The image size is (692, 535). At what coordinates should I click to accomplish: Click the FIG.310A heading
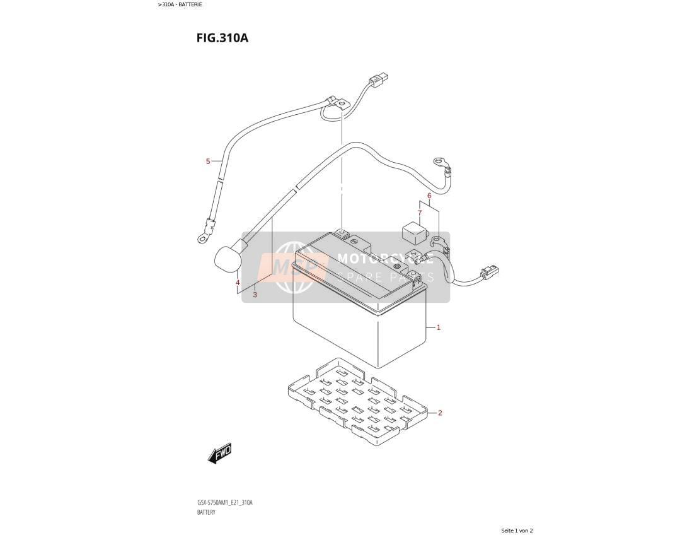222,38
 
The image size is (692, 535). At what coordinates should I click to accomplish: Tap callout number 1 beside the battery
438,327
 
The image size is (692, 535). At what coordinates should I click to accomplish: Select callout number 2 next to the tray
439,413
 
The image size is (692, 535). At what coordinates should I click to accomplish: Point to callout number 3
255,295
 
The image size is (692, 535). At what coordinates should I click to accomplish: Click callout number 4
238,283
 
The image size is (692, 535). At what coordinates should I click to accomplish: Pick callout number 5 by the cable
208,162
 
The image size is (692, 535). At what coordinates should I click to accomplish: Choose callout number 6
429,196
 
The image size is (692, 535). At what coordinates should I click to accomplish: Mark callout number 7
420,213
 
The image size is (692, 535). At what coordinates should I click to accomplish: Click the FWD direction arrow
220,453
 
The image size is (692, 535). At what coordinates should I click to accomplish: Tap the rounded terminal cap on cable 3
228,259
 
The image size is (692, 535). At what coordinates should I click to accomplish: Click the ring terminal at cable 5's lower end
204,237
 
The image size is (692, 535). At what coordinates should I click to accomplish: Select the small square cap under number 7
413,232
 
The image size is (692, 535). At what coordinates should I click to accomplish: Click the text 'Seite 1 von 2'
517,530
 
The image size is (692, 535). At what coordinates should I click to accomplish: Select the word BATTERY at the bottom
206,512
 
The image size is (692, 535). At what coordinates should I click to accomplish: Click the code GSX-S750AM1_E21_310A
224,503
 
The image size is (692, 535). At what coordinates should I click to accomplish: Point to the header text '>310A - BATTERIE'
180,4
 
